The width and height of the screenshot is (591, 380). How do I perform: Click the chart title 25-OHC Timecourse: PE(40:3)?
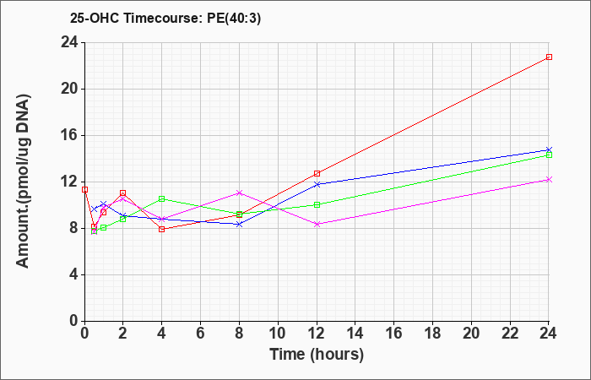tap(165, 19)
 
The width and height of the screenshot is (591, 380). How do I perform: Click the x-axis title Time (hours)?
tap(317, 355)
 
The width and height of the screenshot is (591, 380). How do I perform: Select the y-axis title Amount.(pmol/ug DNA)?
tap(24, 182)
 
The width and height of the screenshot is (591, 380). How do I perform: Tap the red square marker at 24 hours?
tap(549, 57)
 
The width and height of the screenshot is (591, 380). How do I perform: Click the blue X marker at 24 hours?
tap(549, 150)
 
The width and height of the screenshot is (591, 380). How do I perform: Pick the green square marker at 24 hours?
tap(549, 155)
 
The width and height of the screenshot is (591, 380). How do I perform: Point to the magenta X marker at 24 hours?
tap(549, 179)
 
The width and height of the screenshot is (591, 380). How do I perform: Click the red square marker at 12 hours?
tap(317, 173)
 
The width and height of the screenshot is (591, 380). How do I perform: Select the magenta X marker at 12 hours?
tap(317, 225)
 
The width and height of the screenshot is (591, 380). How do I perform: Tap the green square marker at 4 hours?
tap(162, 198)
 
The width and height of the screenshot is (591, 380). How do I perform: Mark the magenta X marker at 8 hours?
tap(239, 193)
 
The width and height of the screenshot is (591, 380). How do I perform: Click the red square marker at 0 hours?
tap(84, 190)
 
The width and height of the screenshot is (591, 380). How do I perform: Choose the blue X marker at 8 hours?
tap(239, 225)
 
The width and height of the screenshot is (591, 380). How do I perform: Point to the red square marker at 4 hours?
tap(162, 229)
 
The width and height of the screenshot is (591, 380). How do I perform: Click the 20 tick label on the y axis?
tap(70, 89)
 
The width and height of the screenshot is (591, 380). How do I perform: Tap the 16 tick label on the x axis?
tap(394, 333)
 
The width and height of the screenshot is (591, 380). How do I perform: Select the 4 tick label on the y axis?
tap(74, 274)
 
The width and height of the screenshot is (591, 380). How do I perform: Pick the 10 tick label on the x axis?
tap(278, 333)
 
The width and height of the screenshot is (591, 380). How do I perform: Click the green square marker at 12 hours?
tap(317, 204)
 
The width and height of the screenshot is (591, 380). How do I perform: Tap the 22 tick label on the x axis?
tap(510, 333)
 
